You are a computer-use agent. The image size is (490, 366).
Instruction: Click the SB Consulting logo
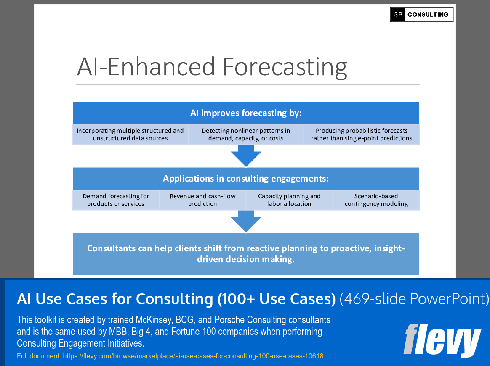421,14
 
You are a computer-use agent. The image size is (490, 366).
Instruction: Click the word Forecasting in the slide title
285,66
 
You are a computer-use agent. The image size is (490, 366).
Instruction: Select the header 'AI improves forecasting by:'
246,113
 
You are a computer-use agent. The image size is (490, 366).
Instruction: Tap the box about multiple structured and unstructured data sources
130,134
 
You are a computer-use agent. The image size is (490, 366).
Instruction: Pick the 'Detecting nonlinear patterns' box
246,134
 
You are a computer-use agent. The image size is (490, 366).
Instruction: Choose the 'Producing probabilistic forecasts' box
362,134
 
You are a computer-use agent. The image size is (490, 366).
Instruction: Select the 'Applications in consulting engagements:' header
246,179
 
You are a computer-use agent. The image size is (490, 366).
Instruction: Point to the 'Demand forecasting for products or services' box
116,200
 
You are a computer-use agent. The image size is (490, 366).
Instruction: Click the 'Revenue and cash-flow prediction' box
202,200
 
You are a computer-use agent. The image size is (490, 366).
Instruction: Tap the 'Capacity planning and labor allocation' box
289,200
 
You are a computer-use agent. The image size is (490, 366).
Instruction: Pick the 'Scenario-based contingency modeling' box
376,200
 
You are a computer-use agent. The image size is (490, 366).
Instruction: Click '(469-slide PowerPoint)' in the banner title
415,299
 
